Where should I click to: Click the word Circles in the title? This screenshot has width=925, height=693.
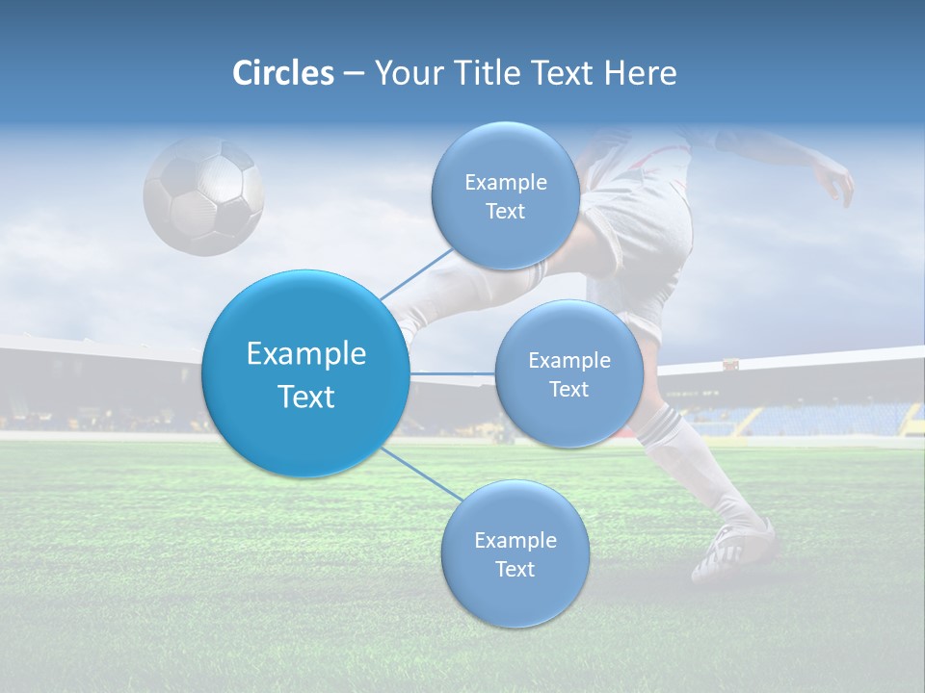(x=283, y=73)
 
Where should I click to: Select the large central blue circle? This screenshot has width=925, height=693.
(x=305, y=373)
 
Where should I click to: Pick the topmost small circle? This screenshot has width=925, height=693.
(x=505, y=195)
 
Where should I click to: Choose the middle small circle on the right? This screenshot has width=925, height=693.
(x=568, y=373)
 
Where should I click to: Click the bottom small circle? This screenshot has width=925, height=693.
(x=515, y=553)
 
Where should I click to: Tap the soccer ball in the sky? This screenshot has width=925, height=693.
(x=203, y=196)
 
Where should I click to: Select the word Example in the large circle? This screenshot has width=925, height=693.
(x=305, y=354)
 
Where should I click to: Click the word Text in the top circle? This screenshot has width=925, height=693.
(x=505, y=212)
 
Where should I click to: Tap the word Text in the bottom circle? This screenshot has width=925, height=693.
(x=515, y=570)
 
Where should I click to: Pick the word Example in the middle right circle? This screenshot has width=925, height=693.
(x=568, y=361)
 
